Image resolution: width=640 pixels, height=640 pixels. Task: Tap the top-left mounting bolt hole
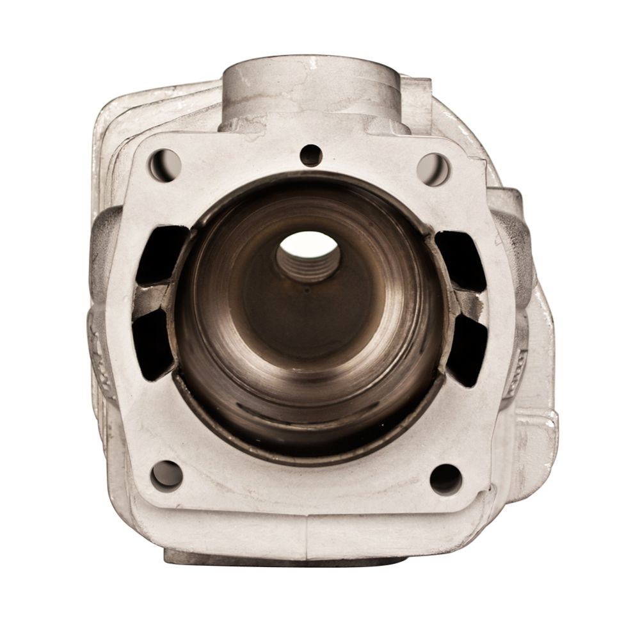164,163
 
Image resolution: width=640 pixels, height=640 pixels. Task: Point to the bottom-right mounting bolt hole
445,478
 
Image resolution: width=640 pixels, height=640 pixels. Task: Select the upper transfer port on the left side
157,254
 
